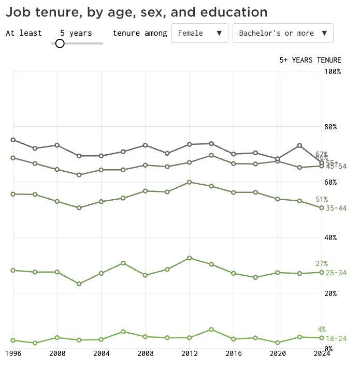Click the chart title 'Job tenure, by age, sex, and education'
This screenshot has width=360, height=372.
coord(137,12)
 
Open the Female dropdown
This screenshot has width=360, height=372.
coord(199,33)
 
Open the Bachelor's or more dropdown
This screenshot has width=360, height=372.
coord(282,33)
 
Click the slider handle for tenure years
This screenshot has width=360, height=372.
coord(60,43)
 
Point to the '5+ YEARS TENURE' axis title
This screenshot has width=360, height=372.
coord(310,60)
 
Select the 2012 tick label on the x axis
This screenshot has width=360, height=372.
coord(190,353)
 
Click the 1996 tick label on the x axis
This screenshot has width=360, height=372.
coord(13,353)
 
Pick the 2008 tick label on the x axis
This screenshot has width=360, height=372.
coord(146,353)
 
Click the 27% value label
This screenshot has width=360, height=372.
coord(322,263)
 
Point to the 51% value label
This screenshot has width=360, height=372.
coord(322,199)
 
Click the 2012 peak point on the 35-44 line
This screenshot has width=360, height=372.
coord(190,182)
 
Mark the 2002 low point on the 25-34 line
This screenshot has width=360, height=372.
coord(79,284)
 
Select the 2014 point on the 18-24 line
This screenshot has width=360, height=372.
coord(212,330)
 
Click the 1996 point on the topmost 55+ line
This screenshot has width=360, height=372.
coord(13,140)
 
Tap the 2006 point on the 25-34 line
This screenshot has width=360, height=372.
coord(123,263)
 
